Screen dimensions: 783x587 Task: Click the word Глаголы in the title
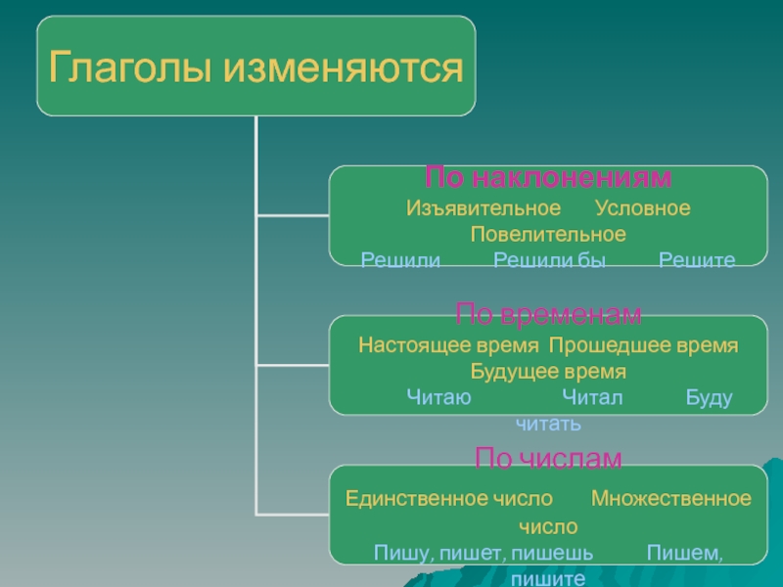coord(126,68)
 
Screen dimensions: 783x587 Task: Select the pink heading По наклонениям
coord(548,177)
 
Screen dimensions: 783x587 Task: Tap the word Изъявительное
coord(484,208)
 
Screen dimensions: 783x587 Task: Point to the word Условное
coord(642,208)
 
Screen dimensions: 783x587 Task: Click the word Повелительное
coord(548,235)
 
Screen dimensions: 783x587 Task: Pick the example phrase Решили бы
coord(550,259)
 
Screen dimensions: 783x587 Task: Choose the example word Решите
coord(696,259)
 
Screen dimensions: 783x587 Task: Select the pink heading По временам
coord(548,314)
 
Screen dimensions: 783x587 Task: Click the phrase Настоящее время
coord(448,345)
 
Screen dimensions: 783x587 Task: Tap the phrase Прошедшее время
coord(643,345)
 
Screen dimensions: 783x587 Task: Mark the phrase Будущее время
coord(548,372)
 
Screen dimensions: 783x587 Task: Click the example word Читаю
coord(438,397)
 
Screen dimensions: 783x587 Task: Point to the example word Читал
coord(592,397)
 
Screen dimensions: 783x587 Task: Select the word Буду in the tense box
coord(710,397)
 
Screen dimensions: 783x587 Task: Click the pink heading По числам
coord(548,458)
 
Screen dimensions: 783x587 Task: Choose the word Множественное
coord(671,498)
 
